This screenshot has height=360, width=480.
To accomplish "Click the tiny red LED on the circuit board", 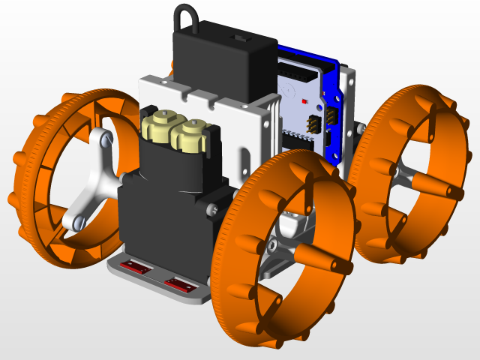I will tap(303, 100).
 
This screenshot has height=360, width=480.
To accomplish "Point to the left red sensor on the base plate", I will tap(137, 266).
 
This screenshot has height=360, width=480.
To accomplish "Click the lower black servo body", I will tap(150, 217).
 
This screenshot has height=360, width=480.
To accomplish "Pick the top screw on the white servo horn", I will tap(104, 138).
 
